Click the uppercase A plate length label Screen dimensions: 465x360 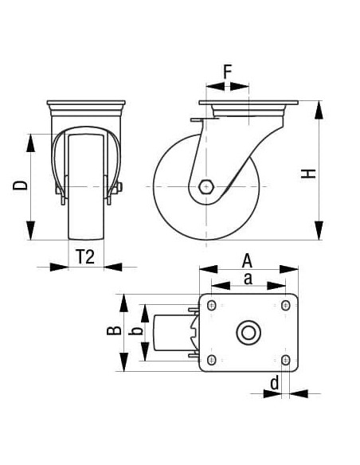(x=248, y=260)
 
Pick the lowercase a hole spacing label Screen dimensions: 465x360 (x=248, y=278)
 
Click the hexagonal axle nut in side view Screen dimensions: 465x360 (x=207, y=186)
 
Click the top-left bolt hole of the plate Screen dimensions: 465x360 (x=213, y=305)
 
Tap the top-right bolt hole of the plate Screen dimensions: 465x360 (x=285, y=305)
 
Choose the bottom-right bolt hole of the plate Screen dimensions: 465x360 (x=285, y=360)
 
